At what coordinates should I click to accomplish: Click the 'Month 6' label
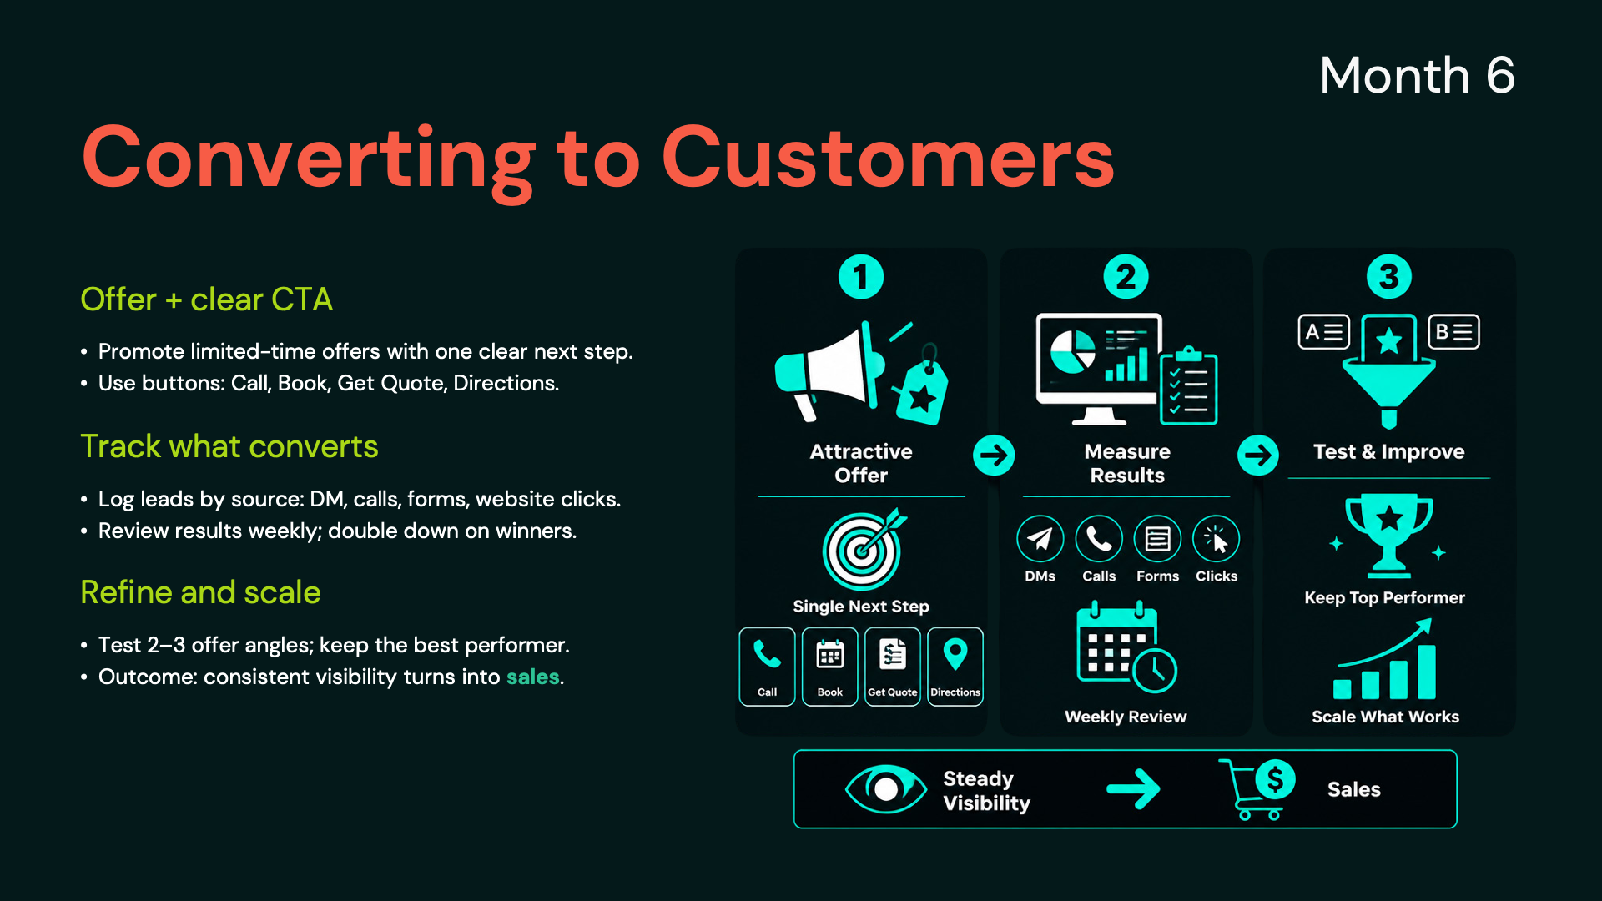tap(1417, 75)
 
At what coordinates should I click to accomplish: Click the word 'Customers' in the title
tap(888, 158)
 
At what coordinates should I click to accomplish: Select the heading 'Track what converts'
tap(229, 446)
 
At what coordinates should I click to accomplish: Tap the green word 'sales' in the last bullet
tap(532, 677)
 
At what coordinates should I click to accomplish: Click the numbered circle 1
tap(861, 277)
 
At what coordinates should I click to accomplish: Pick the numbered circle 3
tap(1389, 277)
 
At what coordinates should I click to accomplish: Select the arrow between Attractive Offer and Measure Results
tap(994, 456)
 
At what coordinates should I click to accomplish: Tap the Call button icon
tap(767, 667)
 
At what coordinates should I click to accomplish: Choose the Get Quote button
tap(893, 667)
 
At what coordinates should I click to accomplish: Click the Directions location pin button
tap(955, 667)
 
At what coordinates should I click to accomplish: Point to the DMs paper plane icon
tap(1040, 539)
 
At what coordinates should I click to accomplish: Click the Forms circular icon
tap(1158, 539)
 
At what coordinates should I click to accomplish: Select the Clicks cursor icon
tap(1217, 539)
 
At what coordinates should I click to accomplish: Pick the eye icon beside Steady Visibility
tap(886, 788)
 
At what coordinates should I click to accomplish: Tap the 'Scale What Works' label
tap(1385, 717)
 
